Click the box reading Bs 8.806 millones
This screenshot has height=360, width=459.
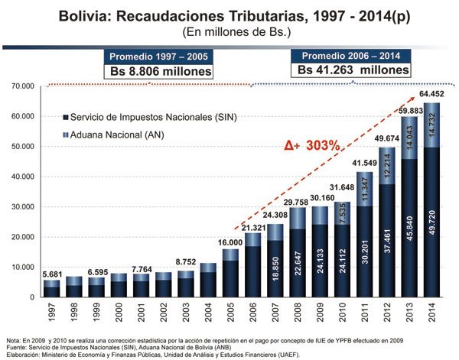click(x=158, y=71)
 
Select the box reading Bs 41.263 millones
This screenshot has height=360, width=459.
click(x=353, y=70)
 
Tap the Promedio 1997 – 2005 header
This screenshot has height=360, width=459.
click(x=158, y=57)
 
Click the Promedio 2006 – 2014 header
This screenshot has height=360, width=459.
click(x=353, y=57)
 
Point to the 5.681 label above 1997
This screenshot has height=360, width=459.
click(x=51, y=274)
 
